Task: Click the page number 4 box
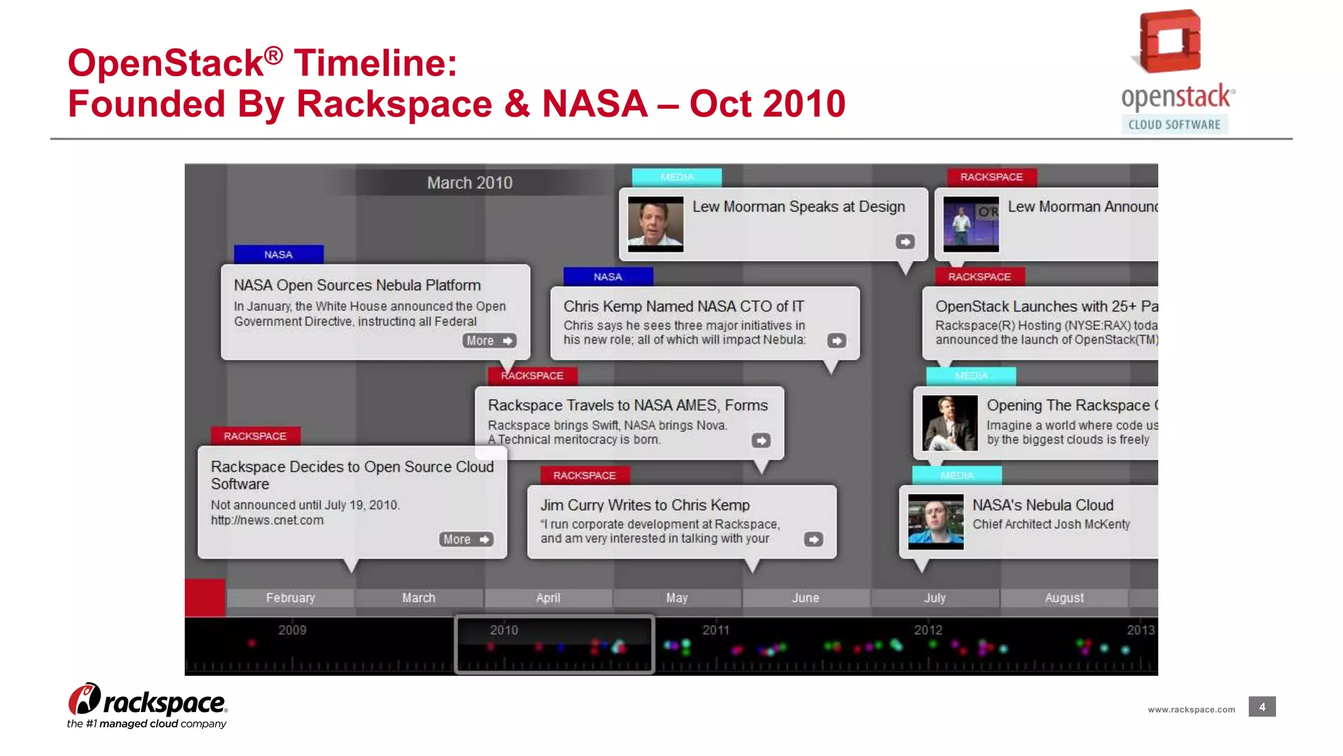(x=1262, y=707)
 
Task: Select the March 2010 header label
(x=470, y=182)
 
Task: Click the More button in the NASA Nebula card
(x=489, y=341)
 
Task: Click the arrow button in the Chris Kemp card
(x=836, y=341)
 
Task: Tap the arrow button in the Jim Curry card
(x=813, y=539)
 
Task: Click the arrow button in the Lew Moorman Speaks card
(x=905, y=242)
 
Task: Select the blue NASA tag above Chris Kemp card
(x=608, y=277)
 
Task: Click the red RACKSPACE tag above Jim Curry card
(x=584, y=475)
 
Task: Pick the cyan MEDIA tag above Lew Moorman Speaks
(x=677, y=177)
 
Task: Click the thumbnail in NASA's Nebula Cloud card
(x=936, y=522)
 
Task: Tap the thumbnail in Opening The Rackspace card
(x=950, y=423)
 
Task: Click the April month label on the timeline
(x=548, y=598)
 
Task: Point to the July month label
(x=934, y=598)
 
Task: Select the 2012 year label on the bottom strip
(x=928, y=630)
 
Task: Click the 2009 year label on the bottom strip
(x=292, y=630)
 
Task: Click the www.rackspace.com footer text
(x=1191, y=709)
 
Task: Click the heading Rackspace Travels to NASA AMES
(x=628, y=406)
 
